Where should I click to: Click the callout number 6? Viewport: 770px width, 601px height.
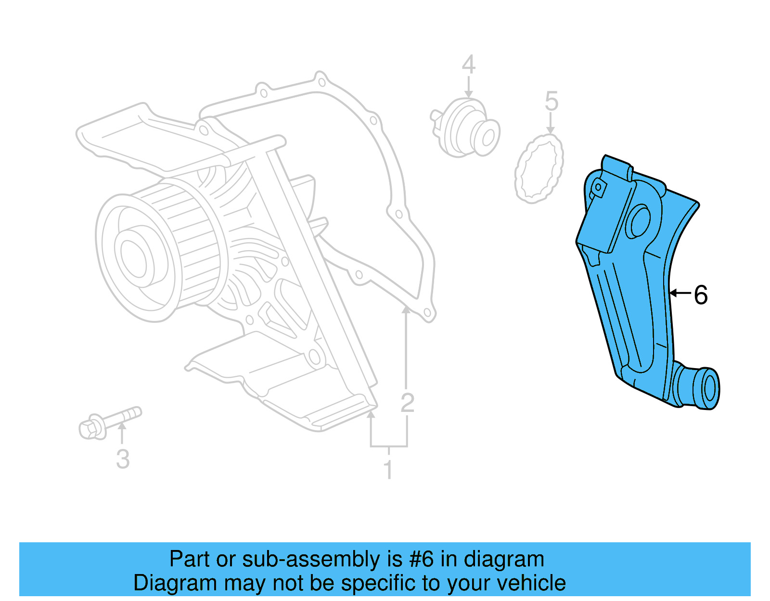701,295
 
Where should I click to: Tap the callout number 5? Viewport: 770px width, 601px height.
551,102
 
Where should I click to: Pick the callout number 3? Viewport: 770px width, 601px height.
123,459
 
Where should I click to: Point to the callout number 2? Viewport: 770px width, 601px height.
407,403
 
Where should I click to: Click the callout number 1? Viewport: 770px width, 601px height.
388,470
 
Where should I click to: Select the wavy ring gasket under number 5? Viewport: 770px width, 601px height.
539,168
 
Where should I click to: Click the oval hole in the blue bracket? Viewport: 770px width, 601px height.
640,221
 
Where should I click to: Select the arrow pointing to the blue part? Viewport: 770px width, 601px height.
680,293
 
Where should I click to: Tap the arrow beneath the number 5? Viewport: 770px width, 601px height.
551,124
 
